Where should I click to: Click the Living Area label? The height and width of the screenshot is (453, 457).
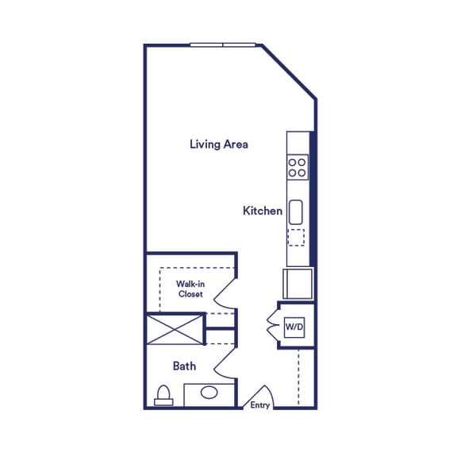219,145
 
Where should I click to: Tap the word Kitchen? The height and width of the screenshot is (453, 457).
263,211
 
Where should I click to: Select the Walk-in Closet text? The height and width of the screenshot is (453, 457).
190,288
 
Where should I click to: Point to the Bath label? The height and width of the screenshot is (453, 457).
185,366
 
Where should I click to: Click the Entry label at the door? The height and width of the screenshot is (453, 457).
260,405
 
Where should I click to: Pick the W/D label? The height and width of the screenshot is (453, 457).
294,327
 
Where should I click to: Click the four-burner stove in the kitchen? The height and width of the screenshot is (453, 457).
298,168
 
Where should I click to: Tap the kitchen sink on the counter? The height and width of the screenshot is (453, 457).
296,212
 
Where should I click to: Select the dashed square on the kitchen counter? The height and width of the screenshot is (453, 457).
296,238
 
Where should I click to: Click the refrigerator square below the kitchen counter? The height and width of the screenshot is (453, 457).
298,284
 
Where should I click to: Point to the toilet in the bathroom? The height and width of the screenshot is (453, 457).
164,396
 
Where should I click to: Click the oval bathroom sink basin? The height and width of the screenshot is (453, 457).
209,393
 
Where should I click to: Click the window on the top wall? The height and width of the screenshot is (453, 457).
223,45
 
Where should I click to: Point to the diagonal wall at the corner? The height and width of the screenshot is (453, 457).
289,72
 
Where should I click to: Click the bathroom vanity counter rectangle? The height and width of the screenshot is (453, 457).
209,395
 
